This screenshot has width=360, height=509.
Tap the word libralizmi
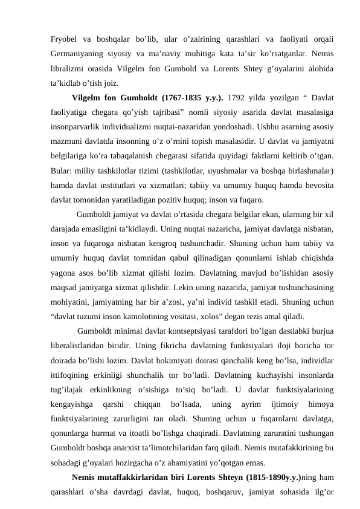point(69,69)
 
